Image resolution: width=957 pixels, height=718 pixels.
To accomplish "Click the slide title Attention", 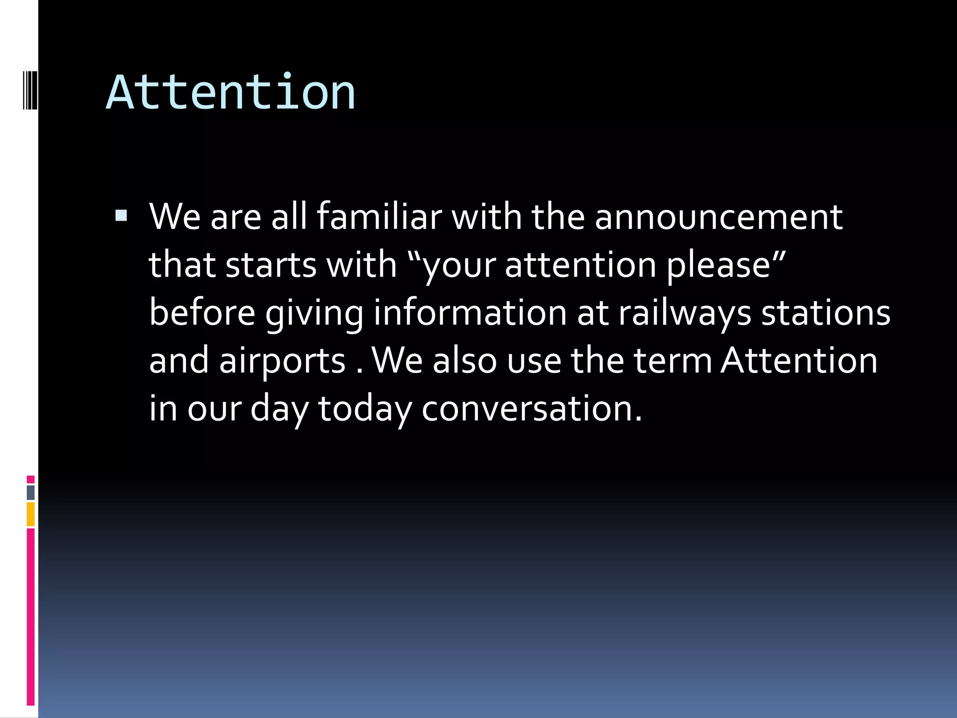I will coord(230,92).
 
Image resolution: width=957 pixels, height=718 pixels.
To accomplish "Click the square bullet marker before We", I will coord(121,215).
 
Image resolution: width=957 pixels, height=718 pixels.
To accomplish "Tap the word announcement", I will coord(718,217).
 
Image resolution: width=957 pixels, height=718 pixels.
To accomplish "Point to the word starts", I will coord(271,265).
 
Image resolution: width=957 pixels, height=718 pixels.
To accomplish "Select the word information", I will coord(470,313).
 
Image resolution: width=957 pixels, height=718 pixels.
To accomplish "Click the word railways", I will coord(685,313).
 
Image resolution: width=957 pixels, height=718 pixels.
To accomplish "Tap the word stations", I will coord(826,313).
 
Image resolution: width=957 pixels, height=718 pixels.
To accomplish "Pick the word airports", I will coord(282,361).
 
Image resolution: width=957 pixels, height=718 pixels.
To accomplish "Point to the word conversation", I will coord(531,409).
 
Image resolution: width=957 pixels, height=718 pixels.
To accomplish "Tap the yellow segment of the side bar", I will coord(30,514).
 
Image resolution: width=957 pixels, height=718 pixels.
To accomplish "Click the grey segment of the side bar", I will coord(30,492).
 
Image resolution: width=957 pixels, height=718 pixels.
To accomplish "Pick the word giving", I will coord(314,313).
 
